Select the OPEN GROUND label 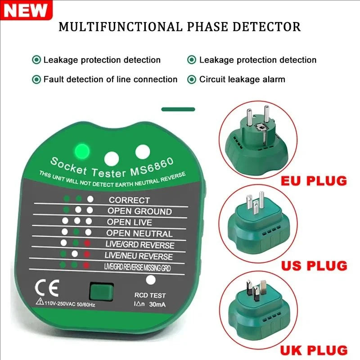click(x=139, y=211)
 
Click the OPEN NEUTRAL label click(x=139, y=234)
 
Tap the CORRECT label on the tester click(x=129, y=200)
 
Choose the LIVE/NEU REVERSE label click(x=138, y=256)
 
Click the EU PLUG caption click(x=314, y=181)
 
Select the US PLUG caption click(x=314, y=265)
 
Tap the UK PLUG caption click(x=314, y=350)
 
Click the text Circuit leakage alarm click(x=242, y=79)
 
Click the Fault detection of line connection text click(x=110, y=79)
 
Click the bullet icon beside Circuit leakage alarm click(x=192, y=79)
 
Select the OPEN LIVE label click(x=130, y=222)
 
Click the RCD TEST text click(x=150, y=295)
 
